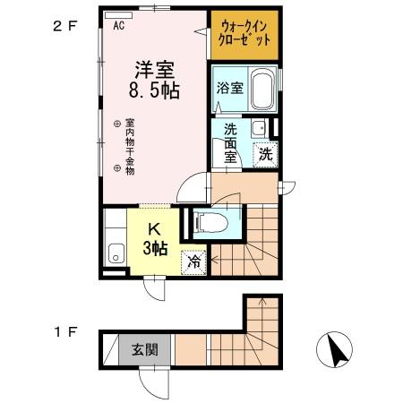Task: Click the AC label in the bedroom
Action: point(119,26)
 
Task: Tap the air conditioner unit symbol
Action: point(119,15)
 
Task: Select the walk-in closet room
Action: point(244,35)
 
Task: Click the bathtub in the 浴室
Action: point(262,89)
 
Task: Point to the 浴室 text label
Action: point(229,88)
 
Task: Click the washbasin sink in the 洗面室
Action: point(260,128)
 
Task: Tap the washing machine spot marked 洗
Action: point(265,155)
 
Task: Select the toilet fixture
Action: point(211,223)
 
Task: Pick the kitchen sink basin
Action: point(116,253)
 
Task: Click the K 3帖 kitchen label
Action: point(155,239)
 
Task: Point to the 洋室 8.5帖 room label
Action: point(154,80)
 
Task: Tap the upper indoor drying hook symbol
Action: point(117,124)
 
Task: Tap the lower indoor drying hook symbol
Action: point(117,168)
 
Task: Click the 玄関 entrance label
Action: point(145,349)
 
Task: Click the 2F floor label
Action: point(65,27)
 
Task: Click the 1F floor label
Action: point(65,332)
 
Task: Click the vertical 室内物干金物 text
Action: point(130,147)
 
